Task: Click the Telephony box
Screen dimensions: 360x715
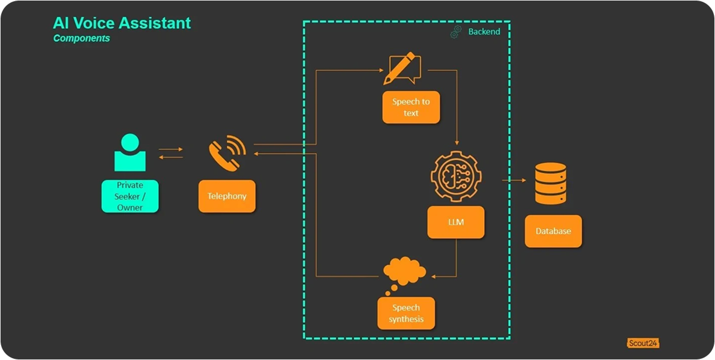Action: [x=227, y=196]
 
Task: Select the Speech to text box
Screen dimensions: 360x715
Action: [x=411, y=107]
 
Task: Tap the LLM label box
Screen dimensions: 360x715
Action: [x=456, y=222]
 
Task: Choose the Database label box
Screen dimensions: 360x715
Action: [x=553, y=231]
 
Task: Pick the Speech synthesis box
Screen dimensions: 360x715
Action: [x=405, y=313]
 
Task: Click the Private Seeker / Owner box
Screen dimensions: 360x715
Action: [x=130, y=196]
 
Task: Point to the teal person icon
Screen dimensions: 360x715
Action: [x=130, y=152]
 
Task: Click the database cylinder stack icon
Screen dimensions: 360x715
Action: [x=549, y=183]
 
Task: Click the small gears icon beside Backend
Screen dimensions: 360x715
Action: [x=456, y=32]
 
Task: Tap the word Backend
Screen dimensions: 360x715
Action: [x=484, y=31]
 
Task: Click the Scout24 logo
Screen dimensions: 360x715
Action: [x=643, y=343]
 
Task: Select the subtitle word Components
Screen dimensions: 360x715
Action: [x=82, y=38]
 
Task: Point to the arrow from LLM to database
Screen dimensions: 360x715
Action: [x=513, y=179]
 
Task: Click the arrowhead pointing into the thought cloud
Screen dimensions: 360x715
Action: [x=435, y=276]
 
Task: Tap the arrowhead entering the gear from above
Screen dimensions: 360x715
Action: [x=457, y=143]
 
